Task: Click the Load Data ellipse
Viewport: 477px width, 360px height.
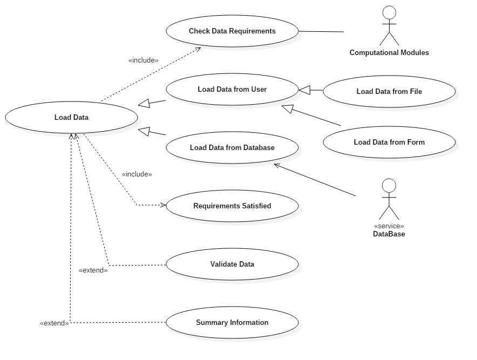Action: (x=71, y=117)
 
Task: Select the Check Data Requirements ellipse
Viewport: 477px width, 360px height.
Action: (x=232, y=31)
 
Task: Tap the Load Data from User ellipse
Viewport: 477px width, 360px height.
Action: (x=232, y=89)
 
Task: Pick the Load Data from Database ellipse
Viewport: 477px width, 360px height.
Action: (x=232, y=147)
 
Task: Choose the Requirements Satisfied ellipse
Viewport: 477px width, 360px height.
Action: (x=232, y=206)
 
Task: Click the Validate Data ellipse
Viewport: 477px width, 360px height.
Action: (x=232, y=264)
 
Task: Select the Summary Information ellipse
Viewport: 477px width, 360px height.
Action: (x=232, y=322)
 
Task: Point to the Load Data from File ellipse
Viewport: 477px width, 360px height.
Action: (x=389, y=91)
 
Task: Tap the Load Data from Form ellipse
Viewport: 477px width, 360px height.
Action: (x=389, y=142)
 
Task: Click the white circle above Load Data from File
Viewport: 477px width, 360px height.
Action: (x=389, y=12)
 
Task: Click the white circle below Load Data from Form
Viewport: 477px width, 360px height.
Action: (x=389, y=186)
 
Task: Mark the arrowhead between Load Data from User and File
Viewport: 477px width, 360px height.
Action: (x=305, y=90)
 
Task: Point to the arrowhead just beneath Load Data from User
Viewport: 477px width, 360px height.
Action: (x=288, y=108)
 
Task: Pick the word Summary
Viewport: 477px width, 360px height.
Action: (x=211, y=322)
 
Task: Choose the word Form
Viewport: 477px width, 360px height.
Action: (x=415, y=142)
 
